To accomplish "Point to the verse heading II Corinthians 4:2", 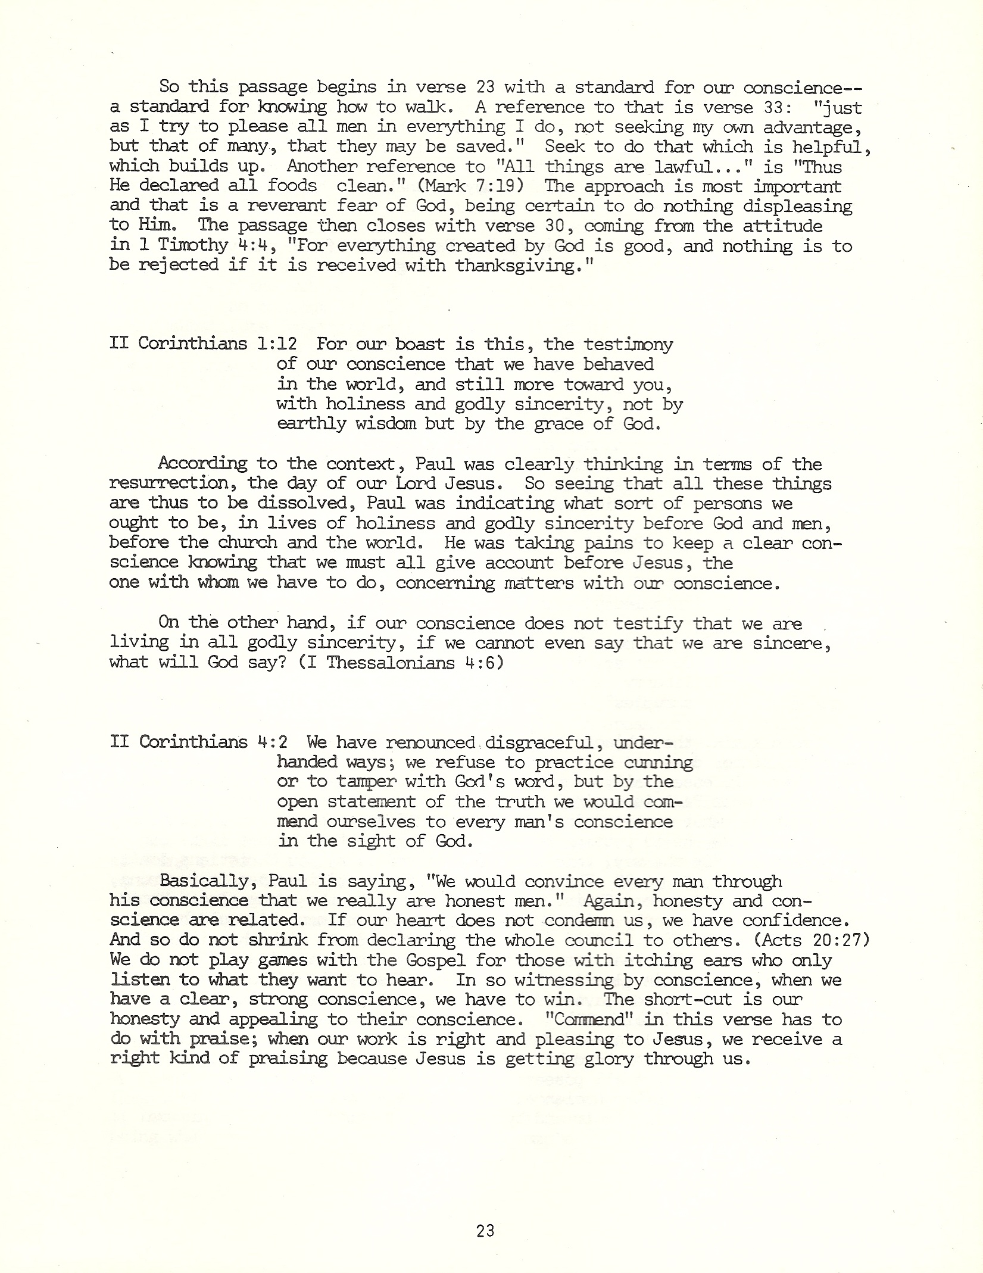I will click(x=199, y=742).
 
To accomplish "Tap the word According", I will click(x=202, y=463).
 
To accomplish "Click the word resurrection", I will click(x=168, y=483).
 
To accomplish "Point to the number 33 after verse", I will click(x=768, y=107).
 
